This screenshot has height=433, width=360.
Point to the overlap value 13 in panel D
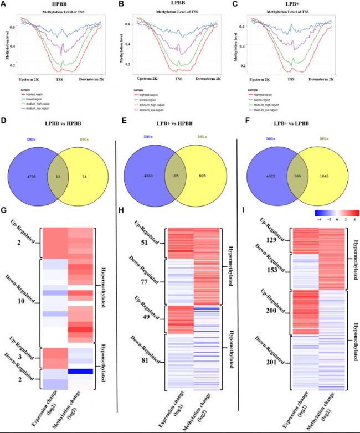coord(59,176)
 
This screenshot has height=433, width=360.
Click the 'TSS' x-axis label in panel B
coord(179,79)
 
